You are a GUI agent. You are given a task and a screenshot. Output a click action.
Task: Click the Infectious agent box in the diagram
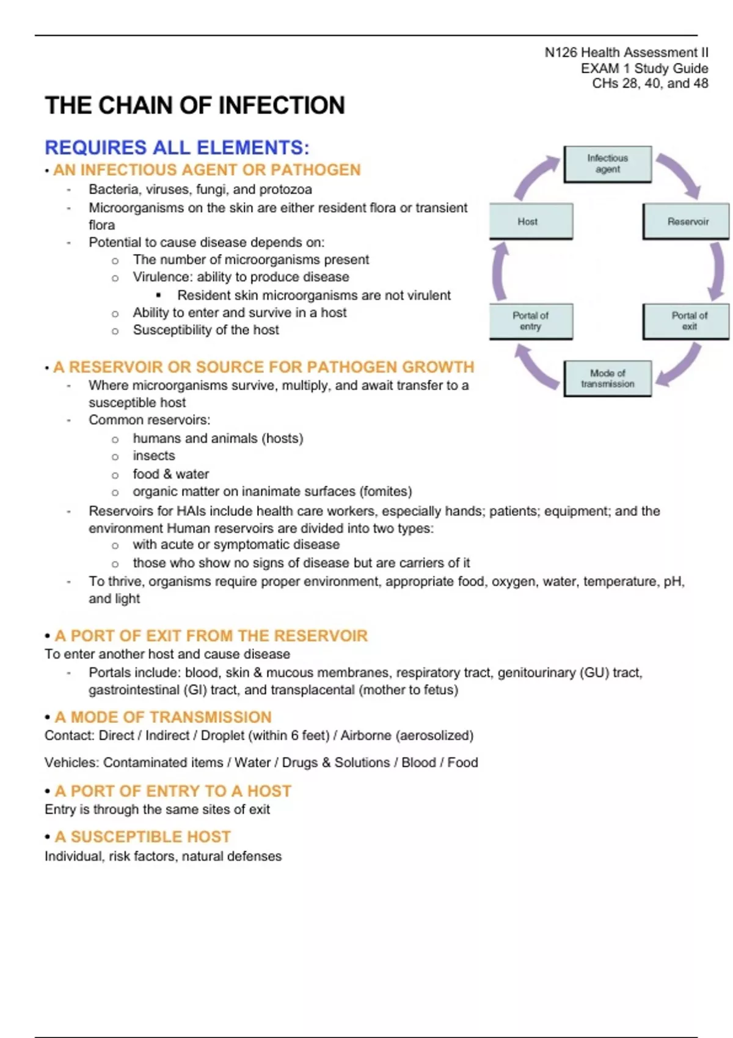point(607,164)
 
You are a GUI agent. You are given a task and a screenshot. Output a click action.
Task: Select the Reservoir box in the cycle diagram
point(687,221)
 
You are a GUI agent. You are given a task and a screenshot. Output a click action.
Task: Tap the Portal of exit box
point(687,321)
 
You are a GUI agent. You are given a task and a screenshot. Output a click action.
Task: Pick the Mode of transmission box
point(607,378)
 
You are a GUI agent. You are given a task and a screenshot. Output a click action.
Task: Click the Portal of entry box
point(531,321)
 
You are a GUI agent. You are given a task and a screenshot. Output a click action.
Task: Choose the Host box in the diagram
point(531,221)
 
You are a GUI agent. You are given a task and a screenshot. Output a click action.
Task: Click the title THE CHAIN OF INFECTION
point(195,106)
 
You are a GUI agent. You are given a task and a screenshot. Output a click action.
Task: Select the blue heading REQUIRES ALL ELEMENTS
point(177,148)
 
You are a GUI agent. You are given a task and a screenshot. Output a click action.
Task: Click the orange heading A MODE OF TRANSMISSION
point(163,717)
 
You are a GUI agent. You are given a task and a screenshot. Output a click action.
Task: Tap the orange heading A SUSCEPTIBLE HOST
point(143,837)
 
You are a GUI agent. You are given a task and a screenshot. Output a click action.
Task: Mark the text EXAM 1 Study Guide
point(644,68)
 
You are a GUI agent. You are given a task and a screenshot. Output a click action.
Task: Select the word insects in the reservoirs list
point(154,456)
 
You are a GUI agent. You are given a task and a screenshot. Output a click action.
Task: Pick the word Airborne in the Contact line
point(366,736)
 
